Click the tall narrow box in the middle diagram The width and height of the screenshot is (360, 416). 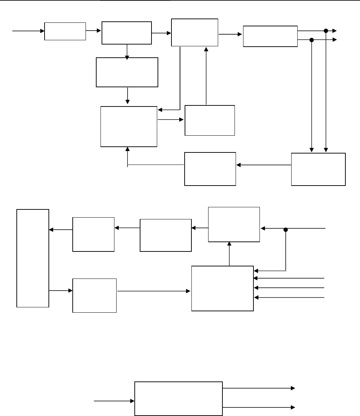32,258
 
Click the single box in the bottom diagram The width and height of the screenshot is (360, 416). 178,398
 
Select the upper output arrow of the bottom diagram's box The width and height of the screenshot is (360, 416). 259,388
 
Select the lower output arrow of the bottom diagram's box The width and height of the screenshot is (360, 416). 259,407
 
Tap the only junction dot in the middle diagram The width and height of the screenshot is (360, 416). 286,230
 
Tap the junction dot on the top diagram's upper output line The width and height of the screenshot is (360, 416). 325,31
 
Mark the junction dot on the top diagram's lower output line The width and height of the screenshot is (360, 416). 312,40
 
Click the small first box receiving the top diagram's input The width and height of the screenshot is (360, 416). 65,31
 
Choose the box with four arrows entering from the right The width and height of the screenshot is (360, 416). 222,288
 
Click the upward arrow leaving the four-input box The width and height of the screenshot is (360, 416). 229,254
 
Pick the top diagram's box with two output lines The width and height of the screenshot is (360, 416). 270,36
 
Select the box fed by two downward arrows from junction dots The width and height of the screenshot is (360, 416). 318,169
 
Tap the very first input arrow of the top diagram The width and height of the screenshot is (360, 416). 29,31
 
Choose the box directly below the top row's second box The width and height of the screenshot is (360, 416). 127,72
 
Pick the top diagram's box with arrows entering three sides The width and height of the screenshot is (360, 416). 129,126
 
